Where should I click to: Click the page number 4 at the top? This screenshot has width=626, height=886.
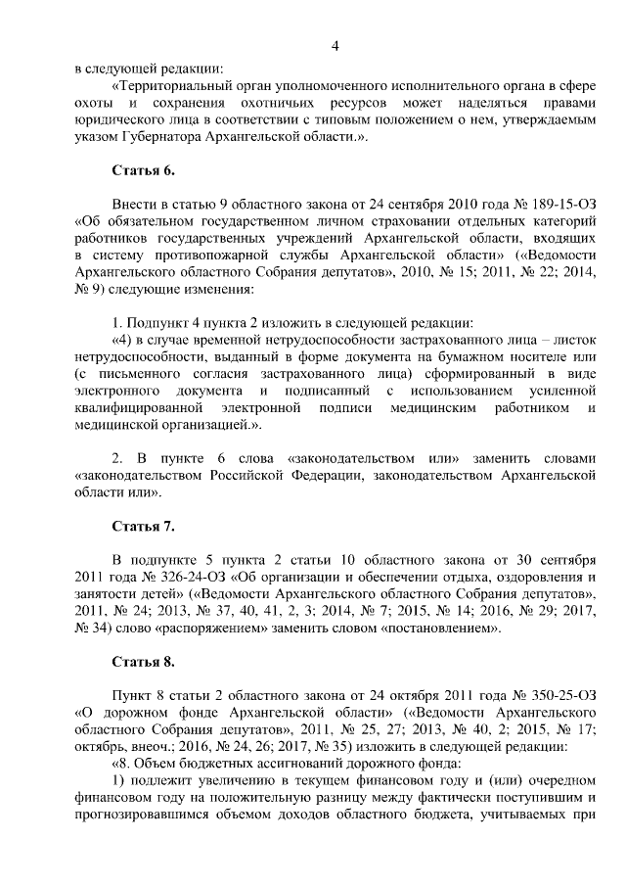pos(335,46)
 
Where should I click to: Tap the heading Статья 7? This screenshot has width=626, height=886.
pos(143,527)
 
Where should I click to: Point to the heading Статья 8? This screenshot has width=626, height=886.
pos(143,662)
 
